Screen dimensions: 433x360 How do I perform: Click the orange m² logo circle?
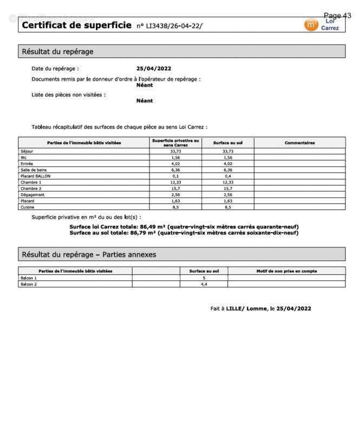point(311,25)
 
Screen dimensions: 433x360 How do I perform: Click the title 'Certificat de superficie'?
point(76,25)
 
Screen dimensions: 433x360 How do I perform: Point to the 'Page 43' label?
point(337,16)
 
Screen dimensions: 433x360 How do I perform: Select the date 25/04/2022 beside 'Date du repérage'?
point(154,69)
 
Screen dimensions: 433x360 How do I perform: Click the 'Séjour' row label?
point(27,151)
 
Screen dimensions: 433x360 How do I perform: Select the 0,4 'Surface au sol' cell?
point(228,176)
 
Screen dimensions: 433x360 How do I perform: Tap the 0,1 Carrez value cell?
point(175,176)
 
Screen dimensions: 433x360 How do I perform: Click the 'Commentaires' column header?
point(299,143)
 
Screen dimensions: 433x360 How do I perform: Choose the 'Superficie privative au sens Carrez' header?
point(175,143)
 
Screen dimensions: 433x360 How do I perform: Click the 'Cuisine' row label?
point(27,207)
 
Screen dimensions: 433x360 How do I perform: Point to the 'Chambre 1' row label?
point(30,182)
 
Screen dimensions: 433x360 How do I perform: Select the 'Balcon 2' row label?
point(28,284)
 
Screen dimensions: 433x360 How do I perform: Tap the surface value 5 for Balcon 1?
point(204,278)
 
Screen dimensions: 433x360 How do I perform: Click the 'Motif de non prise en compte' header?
point(286,271)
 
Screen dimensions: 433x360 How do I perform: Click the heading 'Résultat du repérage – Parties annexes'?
point(89,254)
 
